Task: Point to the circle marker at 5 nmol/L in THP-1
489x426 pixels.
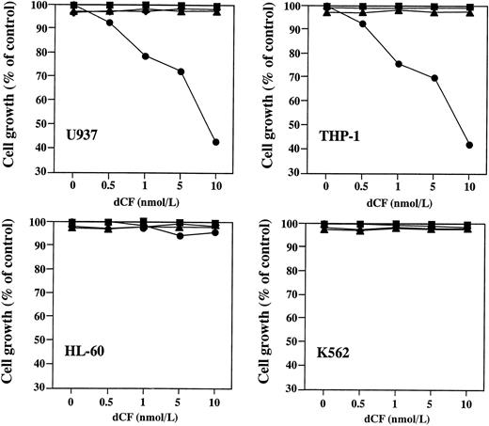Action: [x=434, y=78]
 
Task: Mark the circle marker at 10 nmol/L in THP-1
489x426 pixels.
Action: [x=468, y=145]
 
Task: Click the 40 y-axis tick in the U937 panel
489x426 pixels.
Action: [x=45, y=149]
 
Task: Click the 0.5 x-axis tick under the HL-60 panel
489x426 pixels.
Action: [x=108, y=402]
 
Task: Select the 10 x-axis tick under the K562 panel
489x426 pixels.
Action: [x=468, y=402]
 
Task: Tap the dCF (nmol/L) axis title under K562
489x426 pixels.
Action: [x=398, y=416]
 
